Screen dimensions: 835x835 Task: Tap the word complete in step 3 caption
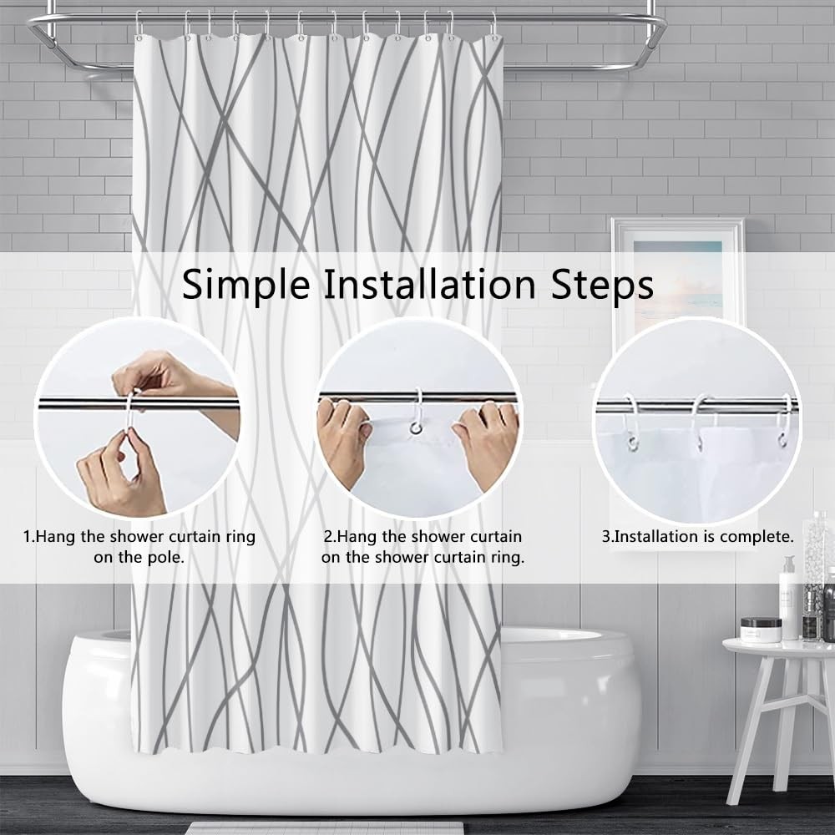pyautogui.click(x=755, y=537)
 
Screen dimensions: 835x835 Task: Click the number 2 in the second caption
pyautogui.click(x=328, y=536)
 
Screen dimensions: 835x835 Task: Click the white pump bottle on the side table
pyautogui.click(x=789, y=598)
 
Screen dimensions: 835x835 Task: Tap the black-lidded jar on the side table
pyautogui.click(x=761, y=630)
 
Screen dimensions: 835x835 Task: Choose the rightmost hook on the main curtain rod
pyautogui.click(x=494, y=27)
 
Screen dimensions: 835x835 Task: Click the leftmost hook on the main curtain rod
pyautogui.click(x=139, y=26)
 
